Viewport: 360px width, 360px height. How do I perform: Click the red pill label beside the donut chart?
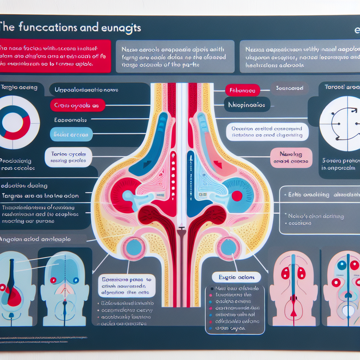pos(77,105)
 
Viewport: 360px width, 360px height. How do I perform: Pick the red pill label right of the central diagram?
pos(242,90)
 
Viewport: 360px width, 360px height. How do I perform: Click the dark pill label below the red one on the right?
pos(247,104)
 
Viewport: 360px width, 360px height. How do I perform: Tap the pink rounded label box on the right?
pos(291,157)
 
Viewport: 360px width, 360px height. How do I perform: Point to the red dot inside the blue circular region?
pos(237,196)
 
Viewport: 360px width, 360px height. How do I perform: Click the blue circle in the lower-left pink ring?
pos(134,248)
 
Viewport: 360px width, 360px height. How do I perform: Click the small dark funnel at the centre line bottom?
pos(181,232)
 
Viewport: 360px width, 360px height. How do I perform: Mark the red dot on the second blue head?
pos(53,280)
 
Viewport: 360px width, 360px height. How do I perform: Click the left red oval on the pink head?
pos(285,273)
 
